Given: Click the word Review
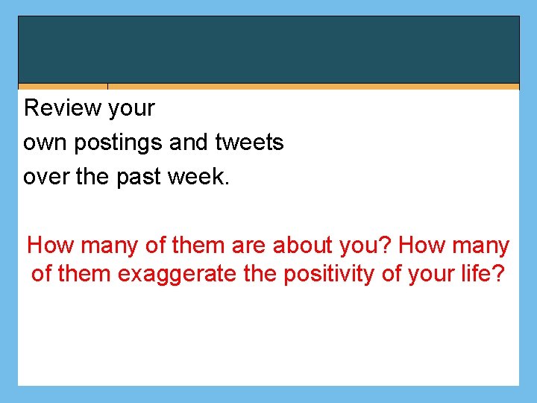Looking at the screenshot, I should (x=63, y=108).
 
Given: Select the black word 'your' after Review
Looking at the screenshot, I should (x=131, y=109).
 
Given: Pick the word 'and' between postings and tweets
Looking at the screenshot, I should (x=192, y=143).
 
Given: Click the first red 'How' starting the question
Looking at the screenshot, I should (x=48, y=246).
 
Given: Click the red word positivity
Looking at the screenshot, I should (x=328, y=275).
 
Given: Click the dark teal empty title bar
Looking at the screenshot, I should (x=268, y=49).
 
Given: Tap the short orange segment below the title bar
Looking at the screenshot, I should (x=63, y=87).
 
